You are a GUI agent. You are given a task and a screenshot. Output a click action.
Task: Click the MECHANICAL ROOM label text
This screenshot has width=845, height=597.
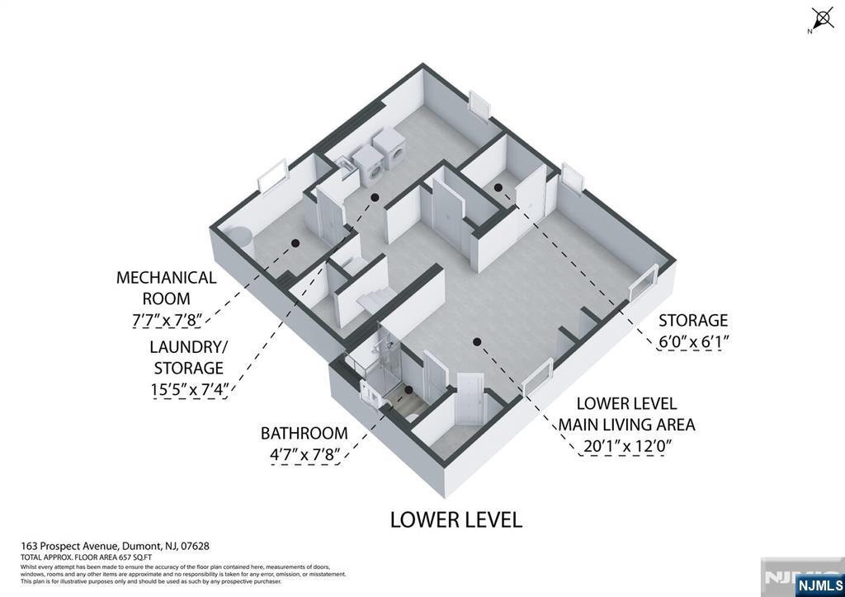click(166, 288)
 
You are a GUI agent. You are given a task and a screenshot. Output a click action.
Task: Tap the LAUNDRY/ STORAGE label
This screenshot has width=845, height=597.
click(186, 357)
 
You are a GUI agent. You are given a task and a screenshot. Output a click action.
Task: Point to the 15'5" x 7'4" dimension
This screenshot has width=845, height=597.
click(190, 389)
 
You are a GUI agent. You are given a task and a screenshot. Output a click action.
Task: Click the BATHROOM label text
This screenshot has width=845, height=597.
click(304, 433)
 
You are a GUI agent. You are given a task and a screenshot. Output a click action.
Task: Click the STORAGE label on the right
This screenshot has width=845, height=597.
click(692, 320)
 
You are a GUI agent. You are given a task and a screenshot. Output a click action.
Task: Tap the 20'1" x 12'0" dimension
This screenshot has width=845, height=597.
click(627, 446)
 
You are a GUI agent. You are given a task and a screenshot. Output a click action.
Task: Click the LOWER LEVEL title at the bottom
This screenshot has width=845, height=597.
click(456, 519)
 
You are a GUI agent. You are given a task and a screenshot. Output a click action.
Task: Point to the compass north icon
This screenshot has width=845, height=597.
click(822, 19)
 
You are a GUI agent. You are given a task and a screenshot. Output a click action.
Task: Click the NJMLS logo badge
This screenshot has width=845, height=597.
click(817, 585)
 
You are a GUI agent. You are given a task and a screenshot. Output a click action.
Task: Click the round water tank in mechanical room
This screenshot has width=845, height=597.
click(240, 237)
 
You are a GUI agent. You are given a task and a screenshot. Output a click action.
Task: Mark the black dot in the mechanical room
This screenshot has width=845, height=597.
click(295, 242)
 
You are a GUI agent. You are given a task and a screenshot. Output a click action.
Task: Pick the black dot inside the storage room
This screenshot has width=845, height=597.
click(498, 188)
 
